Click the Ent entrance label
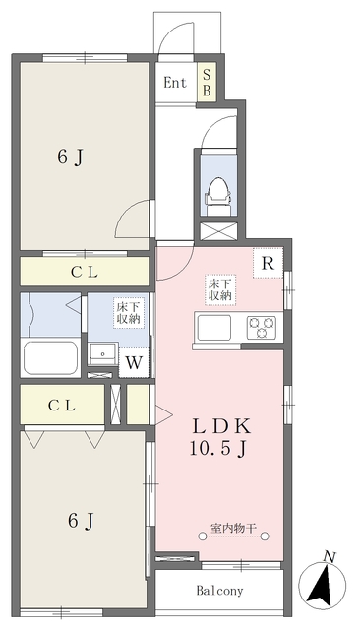click(x=176, y=83)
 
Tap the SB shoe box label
click(x=207, y=83)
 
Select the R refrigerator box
click(x=267, y=263)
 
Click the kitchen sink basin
click(x=214, y=326)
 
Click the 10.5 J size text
click(x=222, y=448)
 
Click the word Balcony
click(x=218, y=591)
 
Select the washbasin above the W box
click(x=101, y=352)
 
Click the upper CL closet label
click(x=82, y=273)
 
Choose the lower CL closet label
click(x=62, y=404)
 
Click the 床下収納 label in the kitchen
click(x=219, y=289)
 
